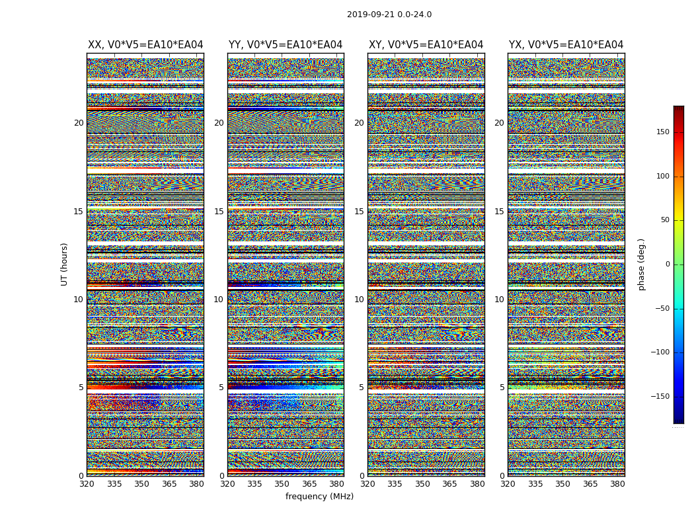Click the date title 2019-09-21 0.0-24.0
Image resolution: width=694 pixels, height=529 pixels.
389,15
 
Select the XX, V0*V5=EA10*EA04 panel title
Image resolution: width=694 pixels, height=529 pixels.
145,45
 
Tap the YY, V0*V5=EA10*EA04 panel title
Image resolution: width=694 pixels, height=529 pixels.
286,45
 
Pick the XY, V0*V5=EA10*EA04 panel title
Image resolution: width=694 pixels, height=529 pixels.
426,45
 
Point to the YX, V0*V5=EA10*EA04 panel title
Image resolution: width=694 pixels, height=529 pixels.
566,45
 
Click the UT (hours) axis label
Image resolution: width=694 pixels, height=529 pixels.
64,264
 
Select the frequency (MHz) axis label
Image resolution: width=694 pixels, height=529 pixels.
319,497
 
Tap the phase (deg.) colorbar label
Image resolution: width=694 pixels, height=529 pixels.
641,264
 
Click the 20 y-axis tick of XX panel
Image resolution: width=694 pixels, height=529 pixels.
79,123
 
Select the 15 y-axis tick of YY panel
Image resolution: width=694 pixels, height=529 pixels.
219,212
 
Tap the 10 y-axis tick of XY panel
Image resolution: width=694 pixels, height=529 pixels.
359,300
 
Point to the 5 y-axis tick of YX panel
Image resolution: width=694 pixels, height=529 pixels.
502,387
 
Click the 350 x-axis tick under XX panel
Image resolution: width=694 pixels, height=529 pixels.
141,484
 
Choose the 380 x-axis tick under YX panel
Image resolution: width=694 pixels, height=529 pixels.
617,484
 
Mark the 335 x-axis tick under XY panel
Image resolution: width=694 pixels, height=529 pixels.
395,484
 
